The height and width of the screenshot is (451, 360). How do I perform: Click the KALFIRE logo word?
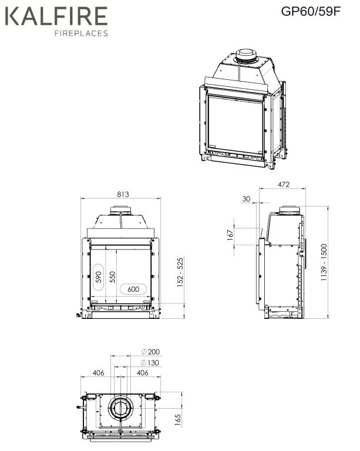pyautogui.click(x=56, y=16)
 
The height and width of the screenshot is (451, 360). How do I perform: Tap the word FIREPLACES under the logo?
pyautogui.click(x=81, y=33)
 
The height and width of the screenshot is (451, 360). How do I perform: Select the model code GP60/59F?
pyautogui.click(x=311, y=11)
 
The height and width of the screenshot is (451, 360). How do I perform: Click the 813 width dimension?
pyautogui.click(x=123, y=194)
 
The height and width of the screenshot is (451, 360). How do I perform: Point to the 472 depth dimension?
pyautogui.click(x=284, y=184)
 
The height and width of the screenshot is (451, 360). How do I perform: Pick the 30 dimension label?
pyautogui.click(x=246, y=198)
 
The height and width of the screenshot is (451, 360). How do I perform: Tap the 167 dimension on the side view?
pyautogui.click(x=230, y=235)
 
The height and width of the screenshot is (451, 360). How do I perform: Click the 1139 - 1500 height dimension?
pyautogui.click(x=324, y=262)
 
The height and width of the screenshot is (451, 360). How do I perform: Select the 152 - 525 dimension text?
pyautogui.click(x=180, y=272)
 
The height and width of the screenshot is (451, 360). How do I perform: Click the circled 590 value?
pyautogui.click(x=99, y=277)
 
